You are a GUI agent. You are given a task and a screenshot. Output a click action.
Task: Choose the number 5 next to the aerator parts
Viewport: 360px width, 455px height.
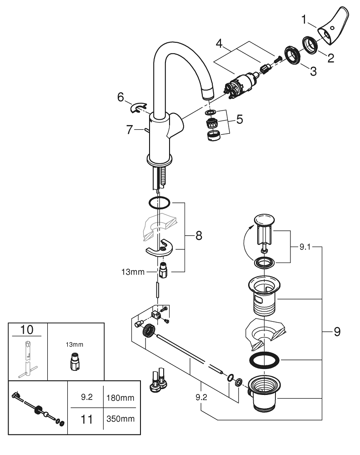tap(239, 120)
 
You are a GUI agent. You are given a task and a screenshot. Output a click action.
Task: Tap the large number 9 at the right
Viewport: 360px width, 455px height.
tap(337, 332)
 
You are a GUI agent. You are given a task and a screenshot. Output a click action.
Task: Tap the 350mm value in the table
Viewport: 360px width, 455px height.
tap(120, 418)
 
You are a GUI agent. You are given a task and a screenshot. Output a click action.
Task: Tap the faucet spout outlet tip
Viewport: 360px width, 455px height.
tap(208, 94)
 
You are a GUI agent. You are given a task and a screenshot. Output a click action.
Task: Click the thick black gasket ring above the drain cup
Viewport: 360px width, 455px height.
tap(264, 359)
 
